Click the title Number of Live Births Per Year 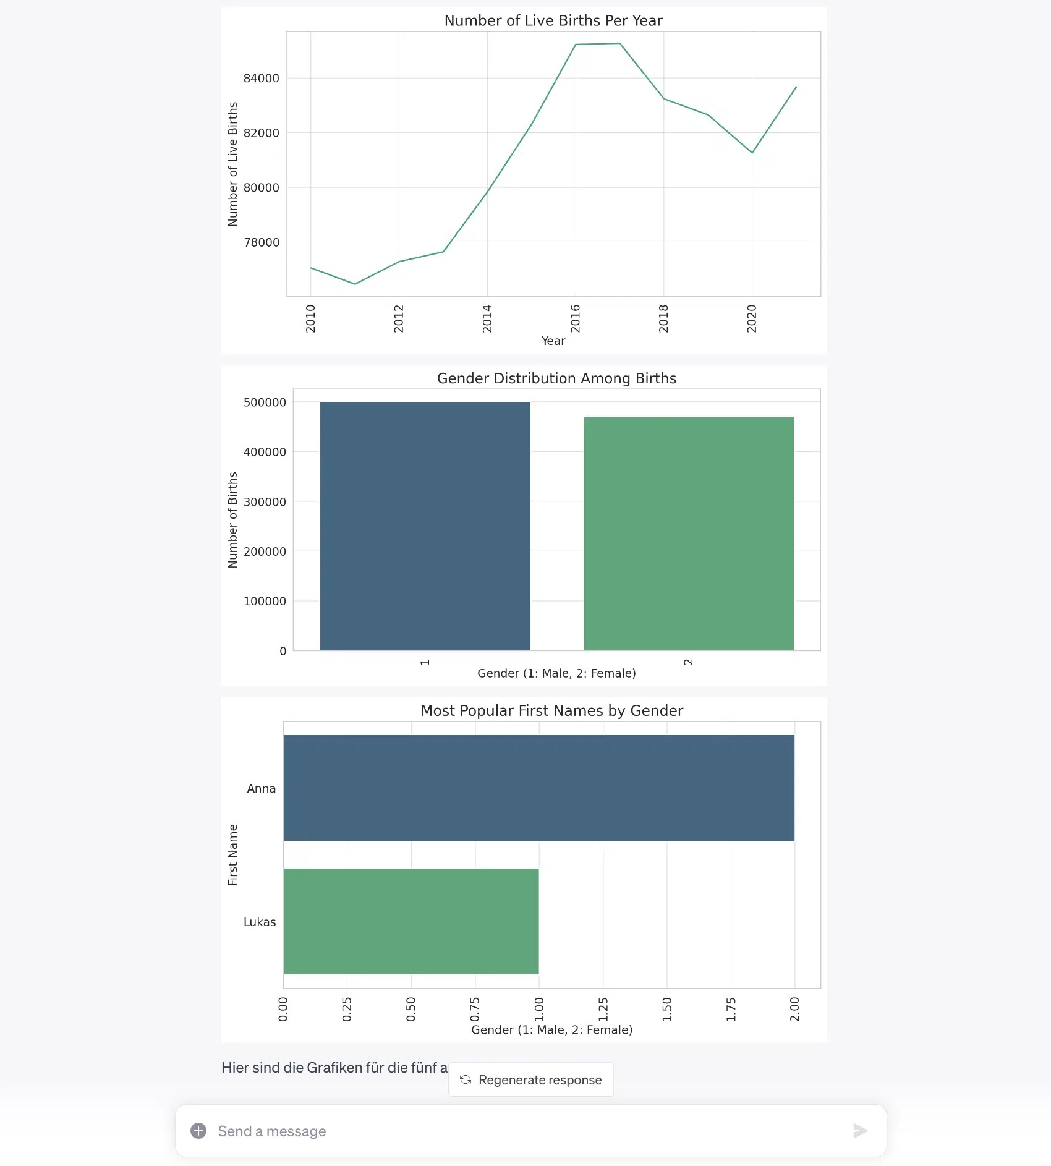coord(553,20)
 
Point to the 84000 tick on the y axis coord(261,79)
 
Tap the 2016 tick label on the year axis coord(575,318)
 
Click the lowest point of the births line coord(355,284)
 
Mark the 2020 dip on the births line coord(752,153)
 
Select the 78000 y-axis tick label coord(261,242)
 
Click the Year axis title coord(553,341)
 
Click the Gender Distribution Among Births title coord(556,378)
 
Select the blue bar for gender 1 coord(425,526)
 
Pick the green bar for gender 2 coord(688,533)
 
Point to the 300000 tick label coord(265,502)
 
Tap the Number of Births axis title coord(232,520)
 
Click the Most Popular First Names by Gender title coord(551,711)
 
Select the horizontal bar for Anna coord(538,788)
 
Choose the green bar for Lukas coord(411,921)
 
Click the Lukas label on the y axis coord(259,922)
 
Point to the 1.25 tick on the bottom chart coord(603,1009)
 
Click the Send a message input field coord(525,1131)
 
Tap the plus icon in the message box coord(198,1131)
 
